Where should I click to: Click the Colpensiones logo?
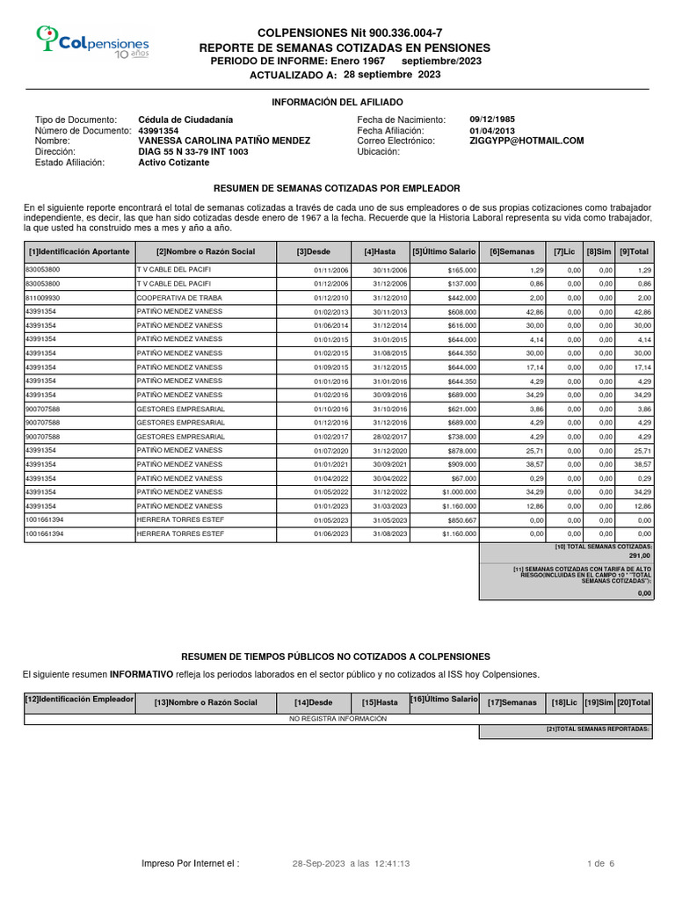point(91,42)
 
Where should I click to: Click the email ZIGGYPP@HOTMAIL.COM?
point(526,141)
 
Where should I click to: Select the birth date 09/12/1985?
point(493,120)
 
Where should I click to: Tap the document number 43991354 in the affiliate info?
point(158,130)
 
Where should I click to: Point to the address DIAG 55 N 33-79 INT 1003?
point(193,152)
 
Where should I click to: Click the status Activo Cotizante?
point(174,163)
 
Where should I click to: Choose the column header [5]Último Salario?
point(445,252)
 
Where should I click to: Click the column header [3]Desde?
point(314,252)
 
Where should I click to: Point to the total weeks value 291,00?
point(639,555)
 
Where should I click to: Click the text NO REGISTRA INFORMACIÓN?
point(338,718)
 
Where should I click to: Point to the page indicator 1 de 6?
point(600,864)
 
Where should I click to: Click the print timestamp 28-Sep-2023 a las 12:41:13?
point(351,864)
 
